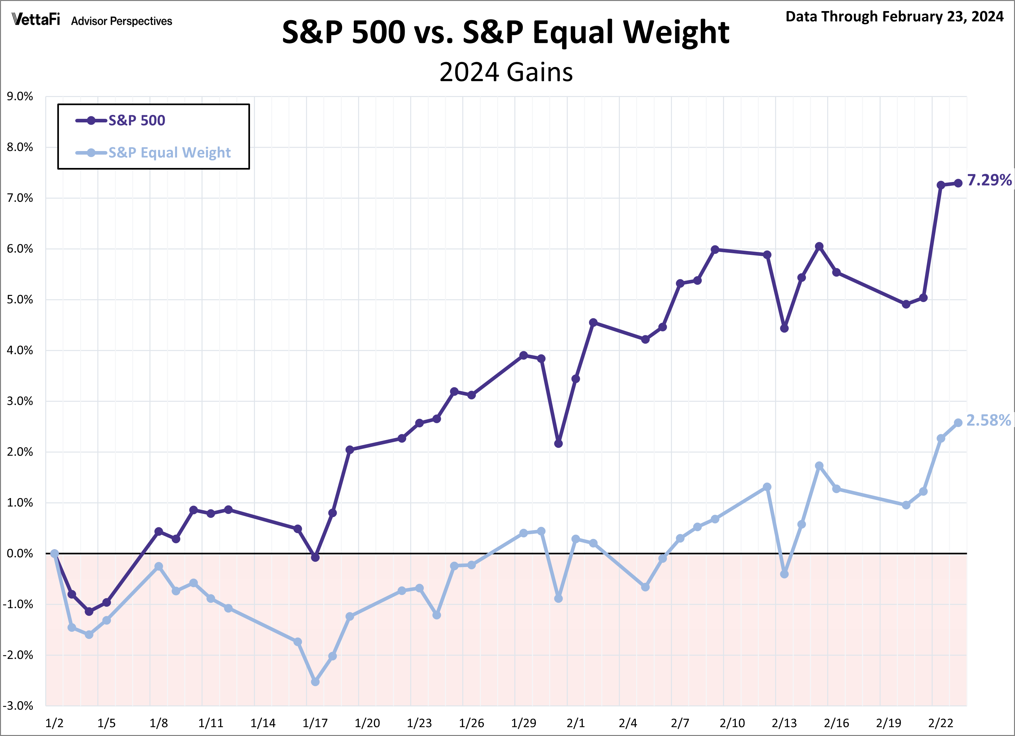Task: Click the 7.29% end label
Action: pyautogui.click(x=989, y=180)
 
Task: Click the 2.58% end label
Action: pyautogui.click(x=988, y=421)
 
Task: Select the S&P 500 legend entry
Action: pyautogui.click(x=136, y=120)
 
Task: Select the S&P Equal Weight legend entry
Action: pyautogui.click(x=169, y=153)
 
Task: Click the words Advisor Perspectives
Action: pyautogui.click(x=121, y=21)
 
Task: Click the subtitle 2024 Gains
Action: pyautogui.click(x=506, y=72)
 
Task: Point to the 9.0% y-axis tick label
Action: pyautogui.click(x=20, y=97)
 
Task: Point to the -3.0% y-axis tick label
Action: pyautogui.click(x=18, y=706)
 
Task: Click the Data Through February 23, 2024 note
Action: pyautogui.click(x=894, y=17)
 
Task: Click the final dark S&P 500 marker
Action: pyautogui.click(x=958, y=183)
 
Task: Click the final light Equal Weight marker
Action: pyautogui.click(x=958, y=423)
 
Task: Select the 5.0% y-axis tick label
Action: pyautogui.click(x=20, y=300)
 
